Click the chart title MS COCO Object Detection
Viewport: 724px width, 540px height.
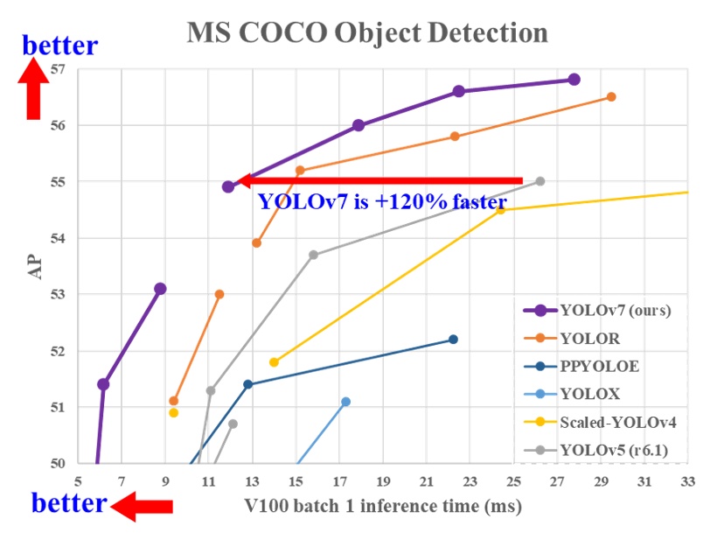coord(366,32)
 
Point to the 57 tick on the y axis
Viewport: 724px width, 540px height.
coord(58,69)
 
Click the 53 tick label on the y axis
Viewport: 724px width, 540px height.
coord(58,295)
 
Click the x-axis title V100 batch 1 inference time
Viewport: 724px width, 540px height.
coord(371,506)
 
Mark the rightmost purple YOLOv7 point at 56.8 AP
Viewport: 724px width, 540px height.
coord(574,80)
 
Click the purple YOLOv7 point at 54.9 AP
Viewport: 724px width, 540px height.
coord(228,186)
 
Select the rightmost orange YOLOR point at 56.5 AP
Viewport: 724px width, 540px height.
coord(611,96)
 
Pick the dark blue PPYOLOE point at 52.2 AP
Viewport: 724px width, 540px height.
coord(453,339)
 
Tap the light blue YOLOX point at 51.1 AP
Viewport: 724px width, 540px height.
coord(345,401)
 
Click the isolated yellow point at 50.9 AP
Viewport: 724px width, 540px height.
coord(173,412)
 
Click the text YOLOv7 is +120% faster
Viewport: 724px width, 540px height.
coord(382,202)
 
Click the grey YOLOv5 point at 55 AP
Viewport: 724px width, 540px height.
coord(540,181)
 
